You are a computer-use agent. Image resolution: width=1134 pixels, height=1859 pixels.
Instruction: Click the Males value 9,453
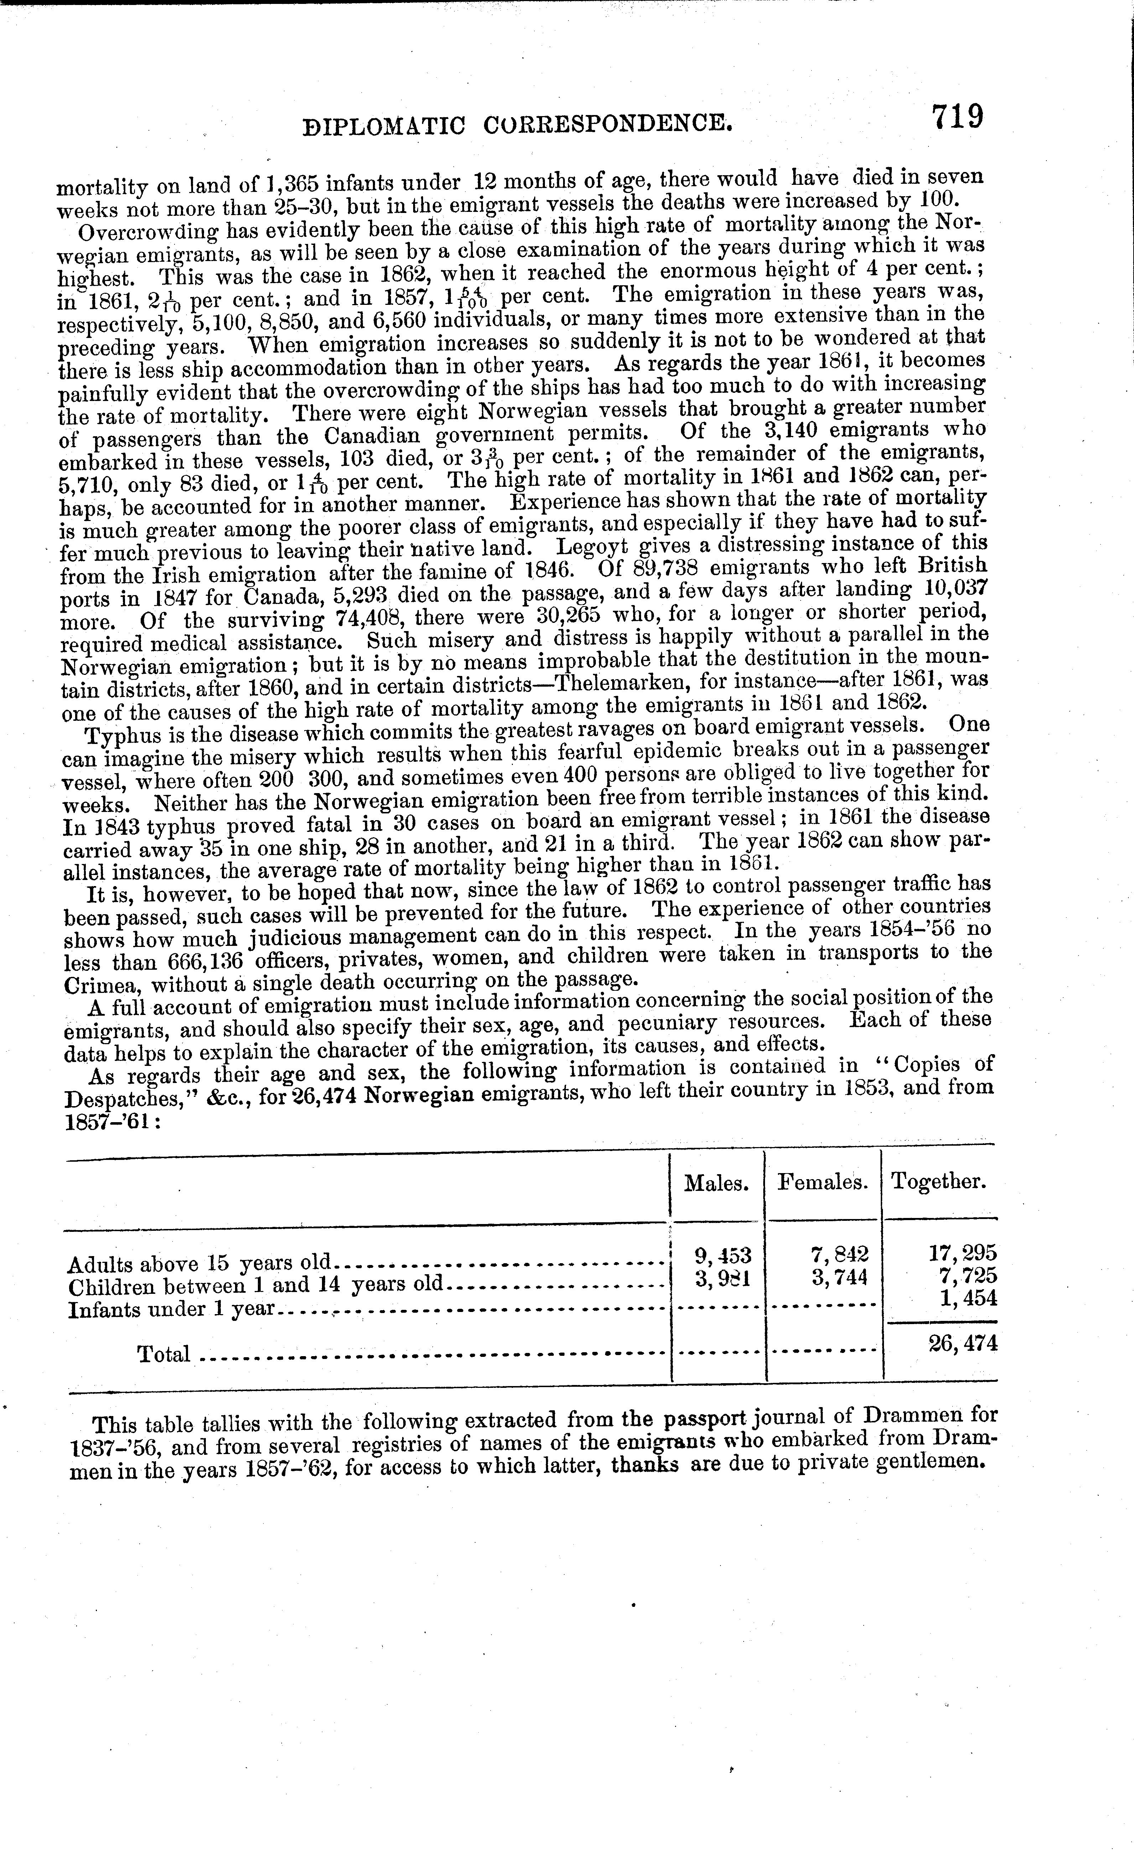pyautogui.click(x=722, y=1255)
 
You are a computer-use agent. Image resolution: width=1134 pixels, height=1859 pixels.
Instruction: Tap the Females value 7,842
pyautogui.click(x=840, y=1254)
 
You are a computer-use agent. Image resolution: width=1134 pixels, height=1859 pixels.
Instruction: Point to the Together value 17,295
pyautogui.click(x=963, y=1253)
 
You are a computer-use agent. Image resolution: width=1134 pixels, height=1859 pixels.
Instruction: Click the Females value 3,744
pyautogui.click(x=840, y=1277)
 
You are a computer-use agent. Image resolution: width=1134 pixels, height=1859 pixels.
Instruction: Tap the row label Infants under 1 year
pyautogui.click(x=171, y=1308)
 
